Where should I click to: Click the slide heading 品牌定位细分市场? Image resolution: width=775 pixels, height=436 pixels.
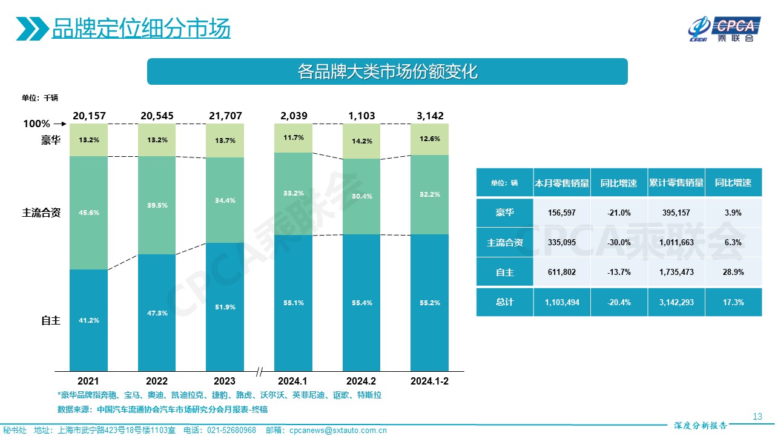coord(140,28)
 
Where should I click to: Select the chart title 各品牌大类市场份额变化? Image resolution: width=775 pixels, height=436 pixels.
coord(387,71)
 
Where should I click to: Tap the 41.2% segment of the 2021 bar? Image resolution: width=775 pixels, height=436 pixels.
coord(88,320)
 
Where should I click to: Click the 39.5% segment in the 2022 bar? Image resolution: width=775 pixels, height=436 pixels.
coord(157,205)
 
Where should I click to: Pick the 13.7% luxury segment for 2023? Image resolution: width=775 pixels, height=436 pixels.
coord(225,140)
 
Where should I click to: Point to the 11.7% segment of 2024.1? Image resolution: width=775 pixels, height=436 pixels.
coord(293,138)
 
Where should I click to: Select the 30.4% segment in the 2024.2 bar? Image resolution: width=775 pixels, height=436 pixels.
coord(361,196)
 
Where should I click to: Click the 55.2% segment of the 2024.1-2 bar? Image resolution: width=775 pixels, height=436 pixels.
coord(429,302)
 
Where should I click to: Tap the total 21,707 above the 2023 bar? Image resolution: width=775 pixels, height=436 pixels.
coord(225,116)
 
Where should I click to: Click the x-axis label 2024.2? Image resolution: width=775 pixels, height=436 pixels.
coord(361,381)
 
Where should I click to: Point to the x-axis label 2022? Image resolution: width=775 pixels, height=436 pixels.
coord(157,381)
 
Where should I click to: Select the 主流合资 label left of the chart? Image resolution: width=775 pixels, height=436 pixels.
coord(41,213)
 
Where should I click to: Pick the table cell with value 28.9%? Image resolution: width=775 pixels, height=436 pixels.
coord(733,272)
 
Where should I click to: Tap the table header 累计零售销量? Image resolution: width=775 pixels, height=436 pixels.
coord(676,183)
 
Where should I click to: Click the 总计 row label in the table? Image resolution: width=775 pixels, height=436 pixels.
coord(504,302)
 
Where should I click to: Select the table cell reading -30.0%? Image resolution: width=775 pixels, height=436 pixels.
coord(619,242)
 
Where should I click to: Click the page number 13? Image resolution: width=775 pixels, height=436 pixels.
coord(757,416)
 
